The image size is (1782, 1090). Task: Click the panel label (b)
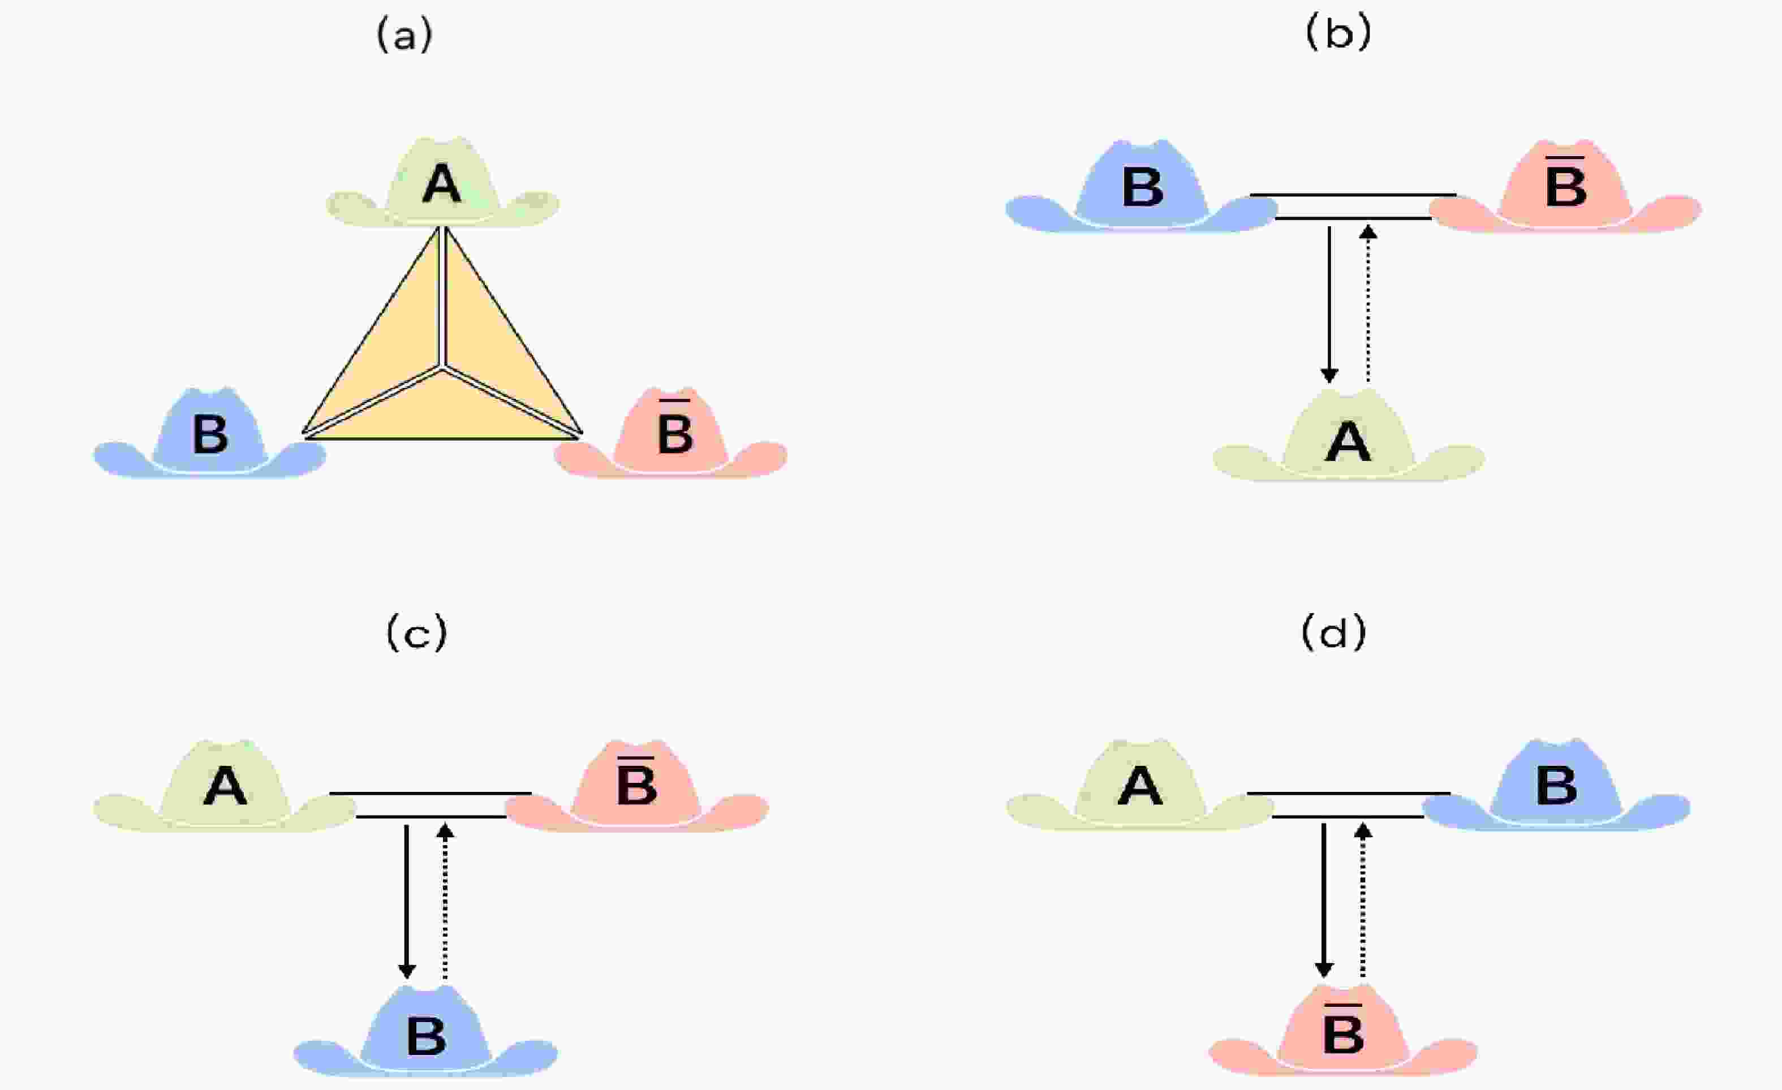pos(1338,34)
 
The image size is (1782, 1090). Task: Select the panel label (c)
pos(417,634)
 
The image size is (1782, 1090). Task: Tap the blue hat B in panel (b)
pos(1141,186)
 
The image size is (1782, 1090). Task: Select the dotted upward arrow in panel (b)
pos(1367,304)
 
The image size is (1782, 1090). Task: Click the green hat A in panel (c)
pos(225,786)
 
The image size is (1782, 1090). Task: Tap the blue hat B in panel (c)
pos(425,1033)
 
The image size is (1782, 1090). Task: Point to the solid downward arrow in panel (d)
pos(1323,901)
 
